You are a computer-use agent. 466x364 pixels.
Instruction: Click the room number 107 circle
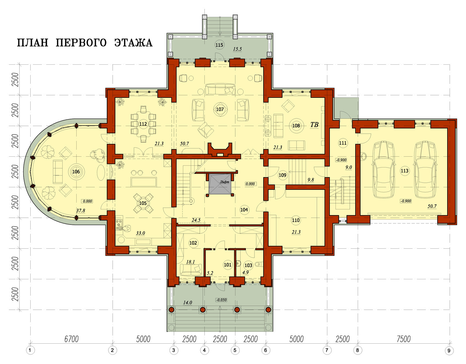coord(220,109)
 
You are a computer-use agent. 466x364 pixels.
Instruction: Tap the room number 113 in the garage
coord(405,171)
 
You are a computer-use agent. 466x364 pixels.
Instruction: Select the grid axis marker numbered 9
coord(449,351)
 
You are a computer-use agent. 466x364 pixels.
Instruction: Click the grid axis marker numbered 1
coord(30,351)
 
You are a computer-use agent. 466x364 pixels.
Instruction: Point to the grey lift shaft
coord(220,184)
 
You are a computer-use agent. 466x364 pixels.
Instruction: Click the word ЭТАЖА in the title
coord(133,43)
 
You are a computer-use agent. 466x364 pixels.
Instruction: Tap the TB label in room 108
coord(314,125)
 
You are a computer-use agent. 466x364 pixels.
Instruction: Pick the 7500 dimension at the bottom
coord(403,339)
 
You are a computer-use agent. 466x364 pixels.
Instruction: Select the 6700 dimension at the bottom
coord(71,339)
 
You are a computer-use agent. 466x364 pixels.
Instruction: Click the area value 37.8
coord(81,211)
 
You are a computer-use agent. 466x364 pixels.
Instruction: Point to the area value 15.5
coord(237,49)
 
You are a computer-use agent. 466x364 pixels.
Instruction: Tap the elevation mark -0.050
coord(221,300)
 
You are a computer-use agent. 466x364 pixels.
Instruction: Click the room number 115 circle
coord(219,45)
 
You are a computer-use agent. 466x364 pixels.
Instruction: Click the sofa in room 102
coord(191,270)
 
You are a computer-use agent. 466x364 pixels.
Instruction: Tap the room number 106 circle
coord(76,172)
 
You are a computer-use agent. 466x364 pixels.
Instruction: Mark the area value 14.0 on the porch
coord(188,303)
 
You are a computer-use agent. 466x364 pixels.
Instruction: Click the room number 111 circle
coord(343,143)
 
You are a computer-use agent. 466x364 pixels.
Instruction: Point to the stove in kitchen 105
coord(119,225)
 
